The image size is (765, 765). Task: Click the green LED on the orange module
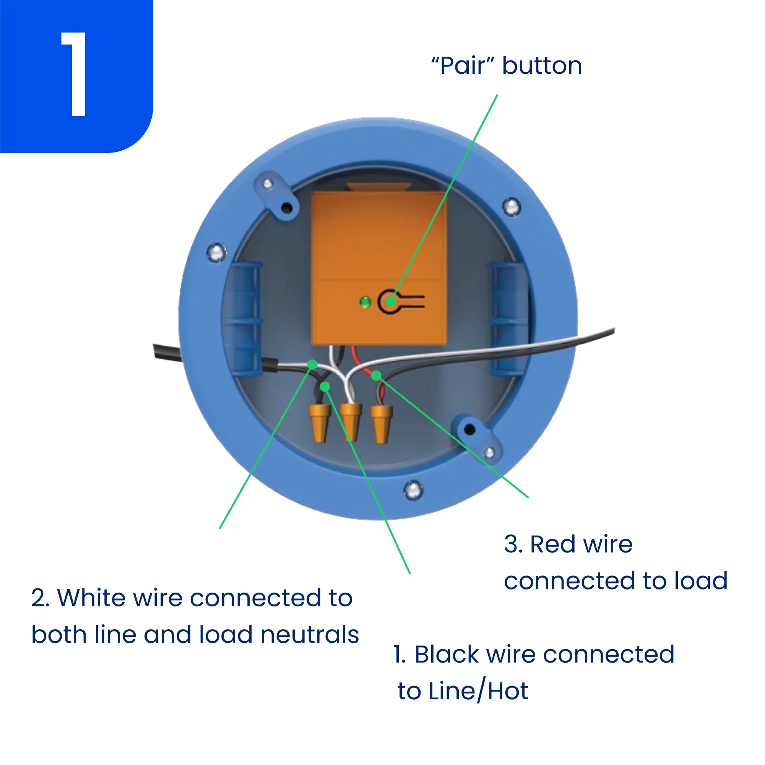[365, 302]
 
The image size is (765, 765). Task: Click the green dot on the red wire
[376, 375]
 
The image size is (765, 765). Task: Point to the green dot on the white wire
[312, 364]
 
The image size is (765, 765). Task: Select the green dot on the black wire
[325, 387]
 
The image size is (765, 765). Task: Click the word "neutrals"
[310, 635]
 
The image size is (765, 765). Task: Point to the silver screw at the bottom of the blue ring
[413, 490]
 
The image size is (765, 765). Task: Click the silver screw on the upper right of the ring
[511, 207]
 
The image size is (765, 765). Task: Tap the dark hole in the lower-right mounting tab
[469, 429]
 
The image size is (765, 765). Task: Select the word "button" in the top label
[542, 66]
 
